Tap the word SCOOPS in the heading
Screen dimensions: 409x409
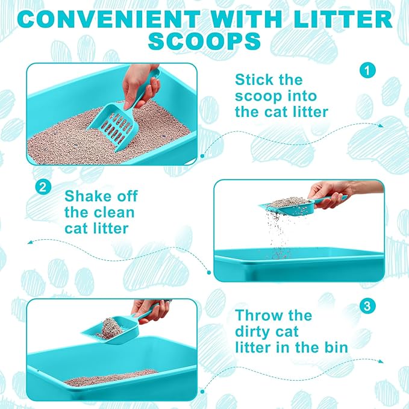[x=204, y=42]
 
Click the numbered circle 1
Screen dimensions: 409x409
[x=368, y=70]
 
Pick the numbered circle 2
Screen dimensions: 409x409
[x=42, y=187]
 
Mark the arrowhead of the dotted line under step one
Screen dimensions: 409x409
[x=381, y=125]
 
